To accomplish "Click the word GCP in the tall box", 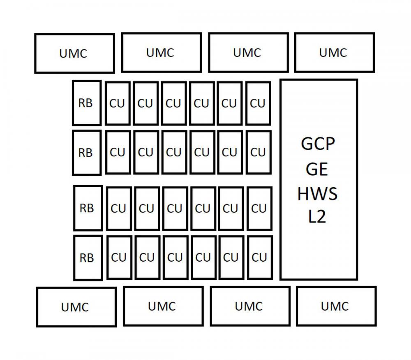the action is pyautogui.click(x=318, y=144).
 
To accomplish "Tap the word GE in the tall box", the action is pyautogui.click(x=317, y=169).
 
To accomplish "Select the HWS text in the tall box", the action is pyautogui.click(x=317, y=194).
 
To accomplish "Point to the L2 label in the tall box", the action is pyautogui.click(x=317, y=216).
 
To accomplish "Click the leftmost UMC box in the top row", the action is pyautogui.click(x=74, y=53).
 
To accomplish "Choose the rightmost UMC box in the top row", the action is pyautogui.click(x=335, y=53).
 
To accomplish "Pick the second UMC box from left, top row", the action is pyautogui.click(x=162, y=53).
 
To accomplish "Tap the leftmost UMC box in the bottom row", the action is pyautogui.click(x=76, y=307).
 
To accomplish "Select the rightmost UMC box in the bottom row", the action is pyautogui.click(x=336, y=306).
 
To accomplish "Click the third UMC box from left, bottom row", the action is pyautogui.click(x=250, y=306).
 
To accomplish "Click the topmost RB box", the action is pyautogui.click(x=87, y=103).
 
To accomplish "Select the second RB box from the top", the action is pyautogui.click(x=87, y=153).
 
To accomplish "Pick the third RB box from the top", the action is pyautogui.click(x=88, y=208).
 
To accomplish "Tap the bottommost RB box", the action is pyautogui.click(x=88, y=258).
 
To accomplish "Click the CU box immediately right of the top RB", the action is pyautogui.click(x=118, y=103).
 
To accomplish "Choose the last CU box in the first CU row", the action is pyautogui.click(x=259, y=103).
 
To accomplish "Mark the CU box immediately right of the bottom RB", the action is pyautogui.click(x=119, y=257).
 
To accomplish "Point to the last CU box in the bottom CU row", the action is pyautogui.click(x=260, y=257).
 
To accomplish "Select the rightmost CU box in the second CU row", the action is pyautogui.click(x=259, y=152).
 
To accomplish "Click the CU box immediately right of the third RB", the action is pyautogui.click(x=119, y=208).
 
